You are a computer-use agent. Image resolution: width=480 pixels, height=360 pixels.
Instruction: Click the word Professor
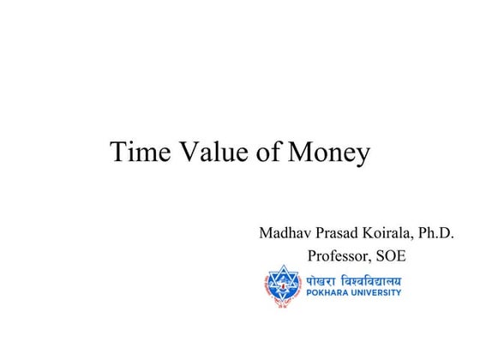coord(337,255)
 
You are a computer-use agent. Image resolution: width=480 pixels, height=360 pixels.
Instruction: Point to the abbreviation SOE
coord(390,255)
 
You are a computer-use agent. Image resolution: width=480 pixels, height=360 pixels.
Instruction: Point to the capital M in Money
coord(301,152)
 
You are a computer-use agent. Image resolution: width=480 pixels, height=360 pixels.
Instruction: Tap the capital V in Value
coord(189,152)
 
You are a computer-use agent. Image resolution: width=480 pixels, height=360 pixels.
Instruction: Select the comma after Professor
coord(369,261)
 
